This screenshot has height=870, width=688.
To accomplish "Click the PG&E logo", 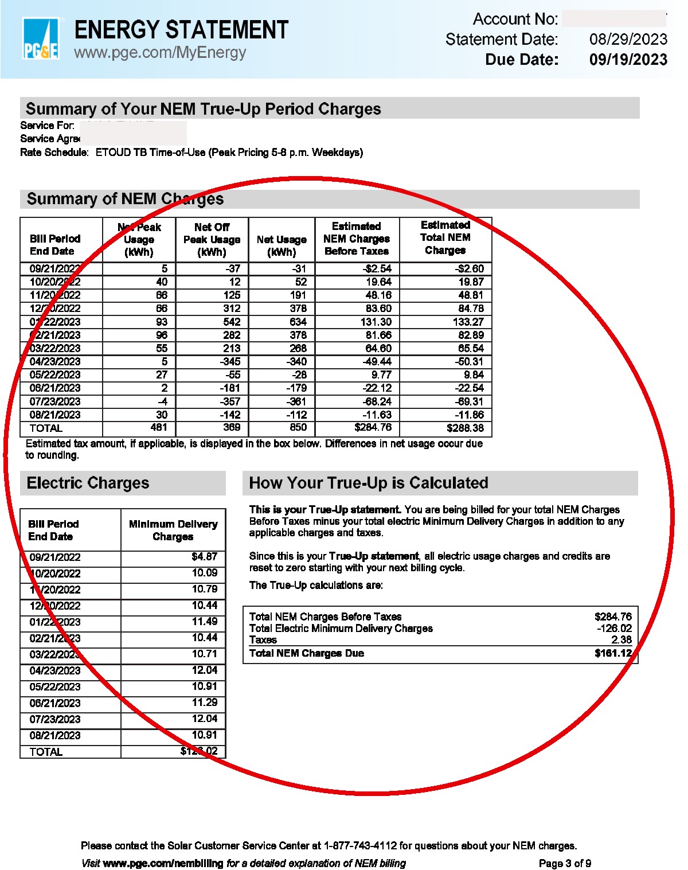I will tap(40, 39).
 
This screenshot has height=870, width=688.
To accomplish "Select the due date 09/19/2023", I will tap(628, 60).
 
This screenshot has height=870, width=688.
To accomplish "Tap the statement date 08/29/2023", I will tap(628, 39).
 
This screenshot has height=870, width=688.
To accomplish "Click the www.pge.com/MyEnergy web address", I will tap(160, 53).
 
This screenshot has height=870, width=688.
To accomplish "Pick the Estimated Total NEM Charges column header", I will tap(445, 238).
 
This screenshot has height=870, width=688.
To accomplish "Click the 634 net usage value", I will tap(298, 322).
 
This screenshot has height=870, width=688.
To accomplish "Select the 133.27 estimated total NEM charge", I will tap(468, 322).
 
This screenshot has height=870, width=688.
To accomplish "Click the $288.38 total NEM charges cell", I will tap(465, 428).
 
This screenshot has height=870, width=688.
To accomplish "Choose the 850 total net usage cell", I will tap(298, 427).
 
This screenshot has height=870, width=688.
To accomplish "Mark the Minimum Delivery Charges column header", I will tap(173, 530).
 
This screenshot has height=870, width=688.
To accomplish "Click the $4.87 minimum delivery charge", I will tap(205, 556).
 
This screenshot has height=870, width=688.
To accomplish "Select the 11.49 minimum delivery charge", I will tap(205, 622).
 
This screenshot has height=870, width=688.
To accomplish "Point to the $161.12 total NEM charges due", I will tap(613, 653).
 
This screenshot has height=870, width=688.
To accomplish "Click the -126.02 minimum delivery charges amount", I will tap(614, 629).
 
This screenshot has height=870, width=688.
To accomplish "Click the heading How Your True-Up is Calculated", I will tap(369, 483).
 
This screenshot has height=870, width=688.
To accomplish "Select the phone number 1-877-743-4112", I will tap(360, 846).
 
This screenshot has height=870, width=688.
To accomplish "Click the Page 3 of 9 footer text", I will tap(565, 864).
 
